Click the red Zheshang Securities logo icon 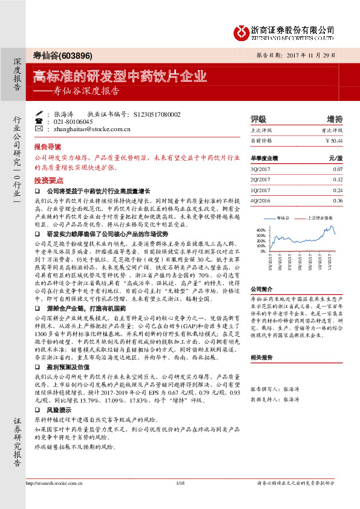(240, 30)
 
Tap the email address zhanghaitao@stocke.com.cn (91, 129)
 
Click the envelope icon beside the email (39, 129)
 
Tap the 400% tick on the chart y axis (261, 230)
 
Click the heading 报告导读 (48, 147)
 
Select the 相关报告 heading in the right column (263, 357)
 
